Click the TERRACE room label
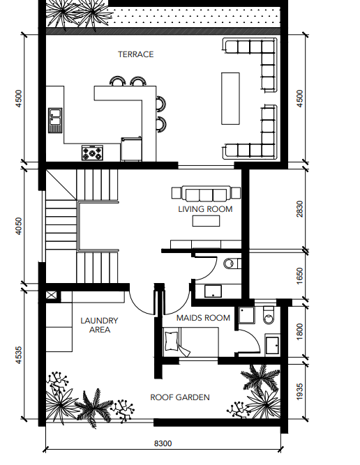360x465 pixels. pyautogui.click(x=135, y=54)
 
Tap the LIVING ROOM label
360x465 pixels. pyautogui.click(x=205, y=209)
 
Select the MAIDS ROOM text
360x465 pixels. pyautogui.click(x=203, y=318)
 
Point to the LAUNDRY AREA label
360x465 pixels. pyautogui.click(x=100, y=325)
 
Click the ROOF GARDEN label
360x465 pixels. pyautogui.click(x=180, y=397)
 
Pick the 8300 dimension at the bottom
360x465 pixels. pyautogui.click(x=163, y=443)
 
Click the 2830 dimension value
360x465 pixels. pyautogui.click(x=300, y=209)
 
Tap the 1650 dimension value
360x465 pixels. pyautogui.click(x=300, y=276)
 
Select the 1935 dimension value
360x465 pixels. pyautogui.click(x=300, y=392)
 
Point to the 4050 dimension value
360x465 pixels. pyautogui.click(x=18, y=227)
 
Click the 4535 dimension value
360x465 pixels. pyautogui.click(x=18, y=356)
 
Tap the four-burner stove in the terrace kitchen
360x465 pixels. pyautogui.click(x=92, y=153)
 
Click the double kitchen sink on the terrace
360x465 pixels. pyautogui.click(x=56, y=120)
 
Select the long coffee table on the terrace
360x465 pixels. pyautogui.click(x=230, y=98)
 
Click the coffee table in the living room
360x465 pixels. pyautogui.click(x=206, y=221)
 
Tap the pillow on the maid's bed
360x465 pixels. pyautogui.click(x=172, y=341)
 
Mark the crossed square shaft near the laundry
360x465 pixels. pyautogui.click(x=51, y=296)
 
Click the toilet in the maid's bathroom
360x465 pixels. pyautogui.click(x=269, y=316)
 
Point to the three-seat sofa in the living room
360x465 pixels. pyautogui.click(x=207, y=194)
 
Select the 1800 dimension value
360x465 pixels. pyautogui.click(x=300, y=332)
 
